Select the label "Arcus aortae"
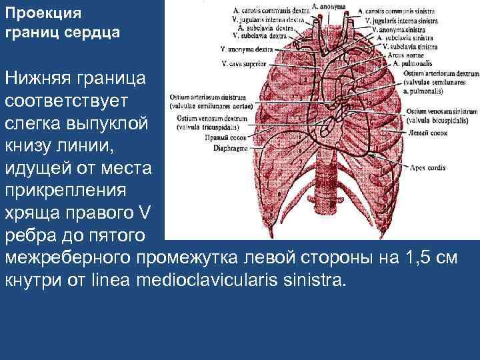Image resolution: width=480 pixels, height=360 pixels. pyautogui.click(x=399, y=55)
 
